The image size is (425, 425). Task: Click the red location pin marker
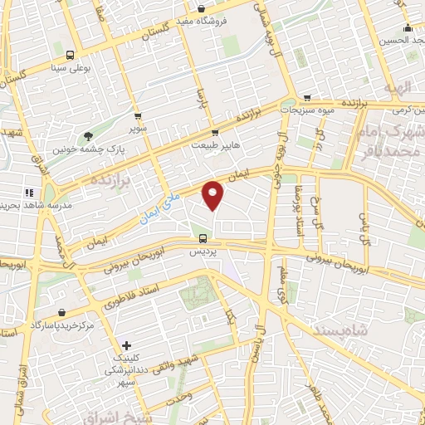tap(213, 195)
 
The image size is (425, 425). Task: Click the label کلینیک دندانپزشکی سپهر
tap(126, 370)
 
